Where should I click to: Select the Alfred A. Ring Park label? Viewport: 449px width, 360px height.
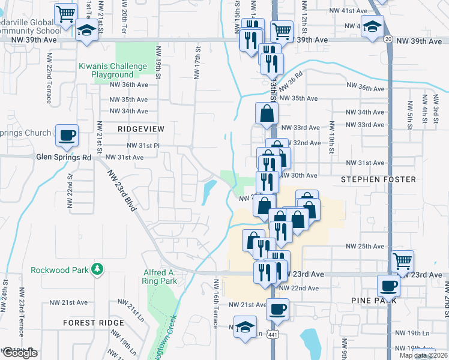click(x=160, y=276)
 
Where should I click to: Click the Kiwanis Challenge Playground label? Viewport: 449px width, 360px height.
click(x=112, y=70)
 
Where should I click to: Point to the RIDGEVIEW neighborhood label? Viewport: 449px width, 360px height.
click(x=141, y=129)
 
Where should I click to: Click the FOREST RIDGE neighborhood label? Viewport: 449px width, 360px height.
click(x=94, y=323)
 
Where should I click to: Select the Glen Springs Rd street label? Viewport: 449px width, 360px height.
click(x=64, y=157)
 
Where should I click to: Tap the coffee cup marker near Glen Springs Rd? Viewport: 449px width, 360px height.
click(x=67, y=136)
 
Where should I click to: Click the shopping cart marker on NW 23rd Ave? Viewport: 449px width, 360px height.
click(x=402, y=261)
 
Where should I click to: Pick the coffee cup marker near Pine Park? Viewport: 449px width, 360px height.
click(x=388, y=286)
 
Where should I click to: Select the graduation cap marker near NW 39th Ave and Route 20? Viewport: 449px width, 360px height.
click(x=373, y=27)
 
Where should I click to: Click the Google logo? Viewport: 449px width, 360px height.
click(x=20, y=353)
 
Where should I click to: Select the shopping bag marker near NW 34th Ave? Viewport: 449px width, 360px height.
click(x=267, y=113)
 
